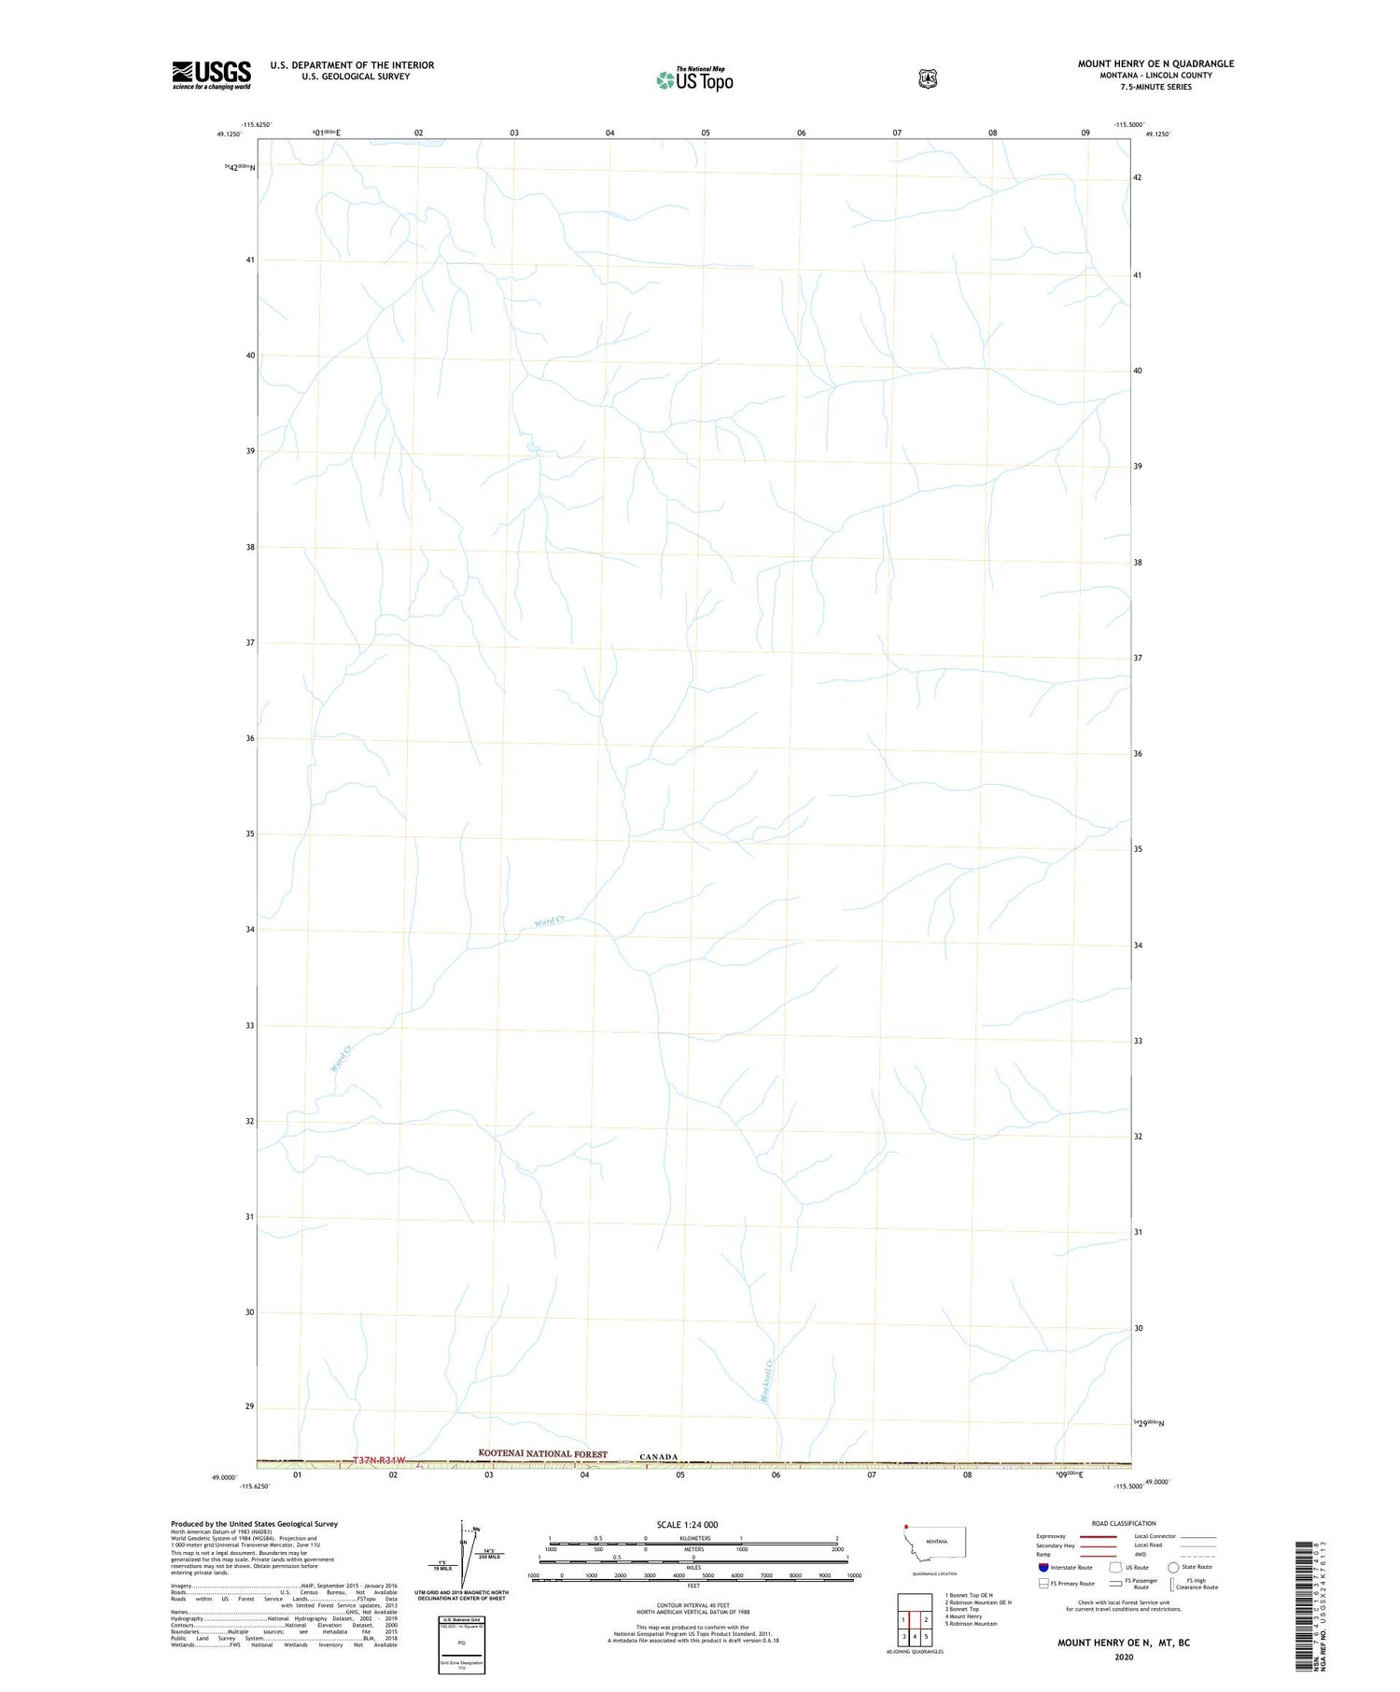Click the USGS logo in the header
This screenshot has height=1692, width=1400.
point(211,75)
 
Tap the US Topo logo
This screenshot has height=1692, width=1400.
point(694,79)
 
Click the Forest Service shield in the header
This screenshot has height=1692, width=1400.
point(927,78)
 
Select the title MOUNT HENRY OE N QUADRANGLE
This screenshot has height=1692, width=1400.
point(1155,63)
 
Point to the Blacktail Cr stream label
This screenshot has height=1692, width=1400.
point(767,1380)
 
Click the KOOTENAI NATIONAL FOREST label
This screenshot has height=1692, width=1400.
point(542,1453)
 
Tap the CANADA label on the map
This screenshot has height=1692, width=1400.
point(658,1457)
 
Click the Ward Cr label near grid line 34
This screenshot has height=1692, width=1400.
point(549,922)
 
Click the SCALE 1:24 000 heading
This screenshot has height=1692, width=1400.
point(687,1525)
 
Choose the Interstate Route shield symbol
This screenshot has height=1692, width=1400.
point(1043,1567)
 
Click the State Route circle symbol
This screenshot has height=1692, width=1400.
point(1173,1567)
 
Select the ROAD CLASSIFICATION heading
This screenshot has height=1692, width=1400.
point(1124,1523)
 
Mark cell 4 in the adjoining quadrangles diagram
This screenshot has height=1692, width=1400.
point(915,1636)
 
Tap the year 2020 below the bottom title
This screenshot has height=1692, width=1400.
point(1123,1657)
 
